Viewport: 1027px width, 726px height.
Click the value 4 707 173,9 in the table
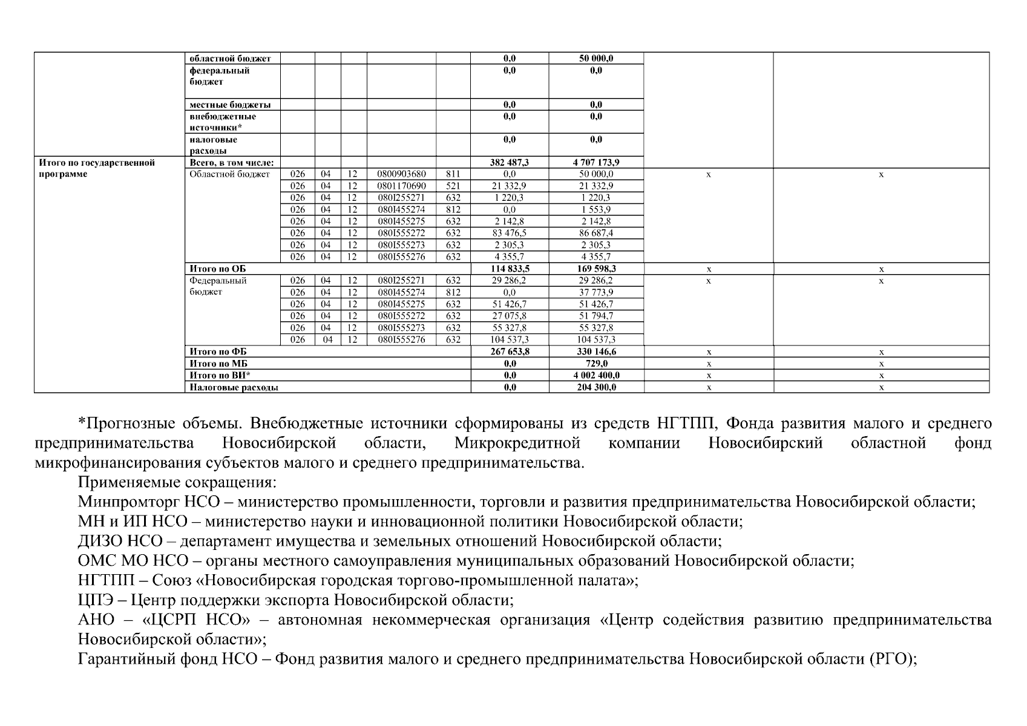coord(596,163)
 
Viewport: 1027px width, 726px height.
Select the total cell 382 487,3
coord(509,163)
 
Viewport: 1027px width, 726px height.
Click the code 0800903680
coord(401,174)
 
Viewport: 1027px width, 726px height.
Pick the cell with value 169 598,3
coord(596,269)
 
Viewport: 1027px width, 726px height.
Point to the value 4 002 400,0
coord(596,375)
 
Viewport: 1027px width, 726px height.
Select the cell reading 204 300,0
coord(596,387)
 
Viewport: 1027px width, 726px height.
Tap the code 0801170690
coord(401,186)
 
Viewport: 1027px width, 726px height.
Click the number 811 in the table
coord(453,174)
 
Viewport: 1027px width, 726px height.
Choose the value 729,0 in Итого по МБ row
coord(596,364)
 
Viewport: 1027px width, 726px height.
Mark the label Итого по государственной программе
coord(97,168)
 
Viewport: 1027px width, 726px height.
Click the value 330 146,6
coord(596,352)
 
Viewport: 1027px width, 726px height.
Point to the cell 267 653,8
coord(509,352)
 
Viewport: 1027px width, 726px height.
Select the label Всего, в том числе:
coord(231,163)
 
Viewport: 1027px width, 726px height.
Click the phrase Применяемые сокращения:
coord(177,482)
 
